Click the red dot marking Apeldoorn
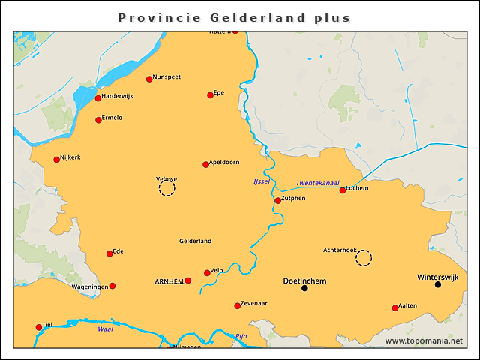click(x=206, y=164)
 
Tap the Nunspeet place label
click(x=166, y=77)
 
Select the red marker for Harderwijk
click(x=98, y=98)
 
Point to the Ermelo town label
click(x=112, y=118)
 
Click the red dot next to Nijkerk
click(x=56, y=159)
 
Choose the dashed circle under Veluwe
click(x=166, y=189)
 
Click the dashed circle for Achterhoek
click(x=364, y=258)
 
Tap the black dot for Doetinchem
click(x=304, y=288)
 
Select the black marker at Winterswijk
click(x=438, y=284)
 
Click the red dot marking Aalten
click(x=395, y=307)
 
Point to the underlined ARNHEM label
click(x=169, y=281)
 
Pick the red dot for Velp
click(x=208, y=273)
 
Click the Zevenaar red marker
click(x=238, y=305)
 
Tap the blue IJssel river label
click(x=262, y=182)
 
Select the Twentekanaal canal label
click(x=317, y=183)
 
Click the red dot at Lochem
click(x=343, y=190)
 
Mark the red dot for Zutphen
click(x=277, y=200)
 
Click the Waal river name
click(x=106, y=328)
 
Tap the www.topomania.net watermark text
click(x=424, y=341)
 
